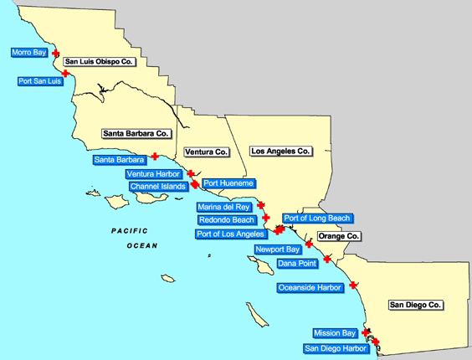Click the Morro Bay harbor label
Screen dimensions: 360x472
(x=28, y=53)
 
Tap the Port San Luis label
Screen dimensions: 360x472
(x=39, y=81)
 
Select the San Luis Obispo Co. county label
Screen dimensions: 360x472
(x=100, y=62)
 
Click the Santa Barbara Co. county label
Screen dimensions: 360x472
(x=136, y=133)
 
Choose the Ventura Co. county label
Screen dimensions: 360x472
(x=206, y=152)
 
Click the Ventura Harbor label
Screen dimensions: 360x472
(x=152, y=174)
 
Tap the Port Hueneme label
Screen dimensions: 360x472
(x=228, y=183)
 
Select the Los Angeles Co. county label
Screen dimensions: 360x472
(x=280, y=152)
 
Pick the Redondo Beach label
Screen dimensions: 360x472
(x=226, y=220)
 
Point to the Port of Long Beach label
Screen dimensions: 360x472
(x=316, y=219)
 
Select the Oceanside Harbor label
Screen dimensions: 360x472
(x=310, y=288)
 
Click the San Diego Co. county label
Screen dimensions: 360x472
(x=416, y=306)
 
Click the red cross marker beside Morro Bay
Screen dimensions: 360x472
(x=56, y=53)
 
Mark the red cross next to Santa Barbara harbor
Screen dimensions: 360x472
(x=154, y=156)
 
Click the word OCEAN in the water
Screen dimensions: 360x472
(x=141, y=246)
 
